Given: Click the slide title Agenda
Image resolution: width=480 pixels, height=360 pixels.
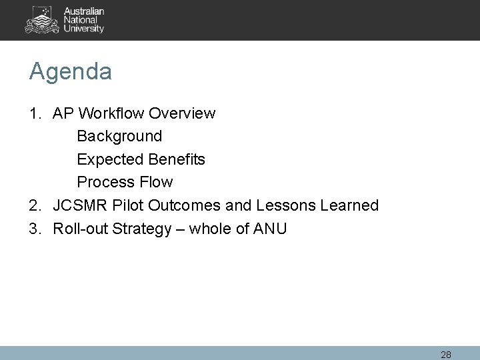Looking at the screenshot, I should click(70, 72).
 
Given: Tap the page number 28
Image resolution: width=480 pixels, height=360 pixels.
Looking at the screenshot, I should click(446, 354).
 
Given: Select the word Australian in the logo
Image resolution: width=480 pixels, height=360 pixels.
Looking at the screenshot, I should click(84, 11).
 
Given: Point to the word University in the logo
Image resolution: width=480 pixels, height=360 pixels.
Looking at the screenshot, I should click(84, 29).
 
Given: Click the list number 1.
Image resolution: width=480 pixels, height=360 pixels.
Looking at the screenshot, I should click(34, 113).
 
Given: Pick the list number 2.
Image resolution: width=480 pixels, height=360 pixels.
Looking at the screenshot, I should click(34, 205).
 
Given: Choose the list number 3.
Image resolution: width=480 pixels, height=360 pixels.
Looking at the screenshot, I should click(34, 229).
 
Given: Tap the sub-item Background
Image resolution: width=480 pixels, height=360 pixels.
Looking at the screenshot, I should click(119, 137).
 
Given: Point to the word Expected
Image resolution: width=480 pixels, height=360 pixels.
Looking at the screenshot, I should click(109, 160).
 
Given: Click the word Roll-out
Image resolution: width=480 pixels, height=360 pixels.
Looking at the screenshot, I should click(79, 229).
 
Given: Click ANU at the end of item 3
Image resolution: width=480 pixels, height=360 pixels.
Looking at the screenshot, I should click(271, 229).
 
